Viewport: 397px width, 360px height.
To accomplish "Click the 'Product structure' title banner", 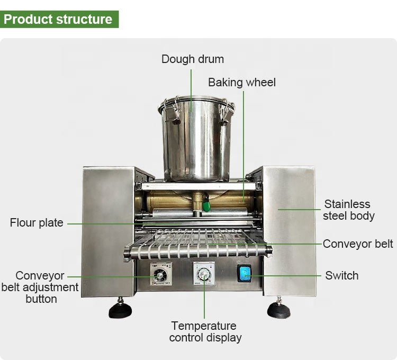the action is [x=59, y=19].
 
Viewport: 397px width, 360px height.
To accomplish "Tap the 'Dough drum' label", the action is [x=193, y=59].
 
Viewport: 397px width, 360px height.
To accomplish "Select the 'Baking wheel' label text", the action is [x=242, y=83].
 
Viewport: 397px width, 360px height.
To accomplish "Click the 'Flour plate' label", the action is [x=37, y=223].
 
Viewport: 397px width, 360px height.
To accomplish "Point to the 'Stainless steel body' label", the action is [x=349, y=210].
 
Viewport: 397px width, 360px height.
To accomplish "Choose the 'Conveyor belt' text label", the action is [x=358, y=244].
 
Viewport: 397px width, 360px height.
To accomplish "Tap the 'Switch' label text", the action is [x=342, y=276].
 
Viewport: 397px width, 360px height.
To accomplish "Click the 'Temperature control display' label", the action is [x=205, y=331].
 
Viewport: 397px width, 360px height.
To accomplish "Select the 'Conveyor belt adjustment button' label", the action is [x=40, y=287].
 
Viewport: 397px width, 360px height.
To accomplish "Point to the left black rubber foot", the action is [x=120, y=309].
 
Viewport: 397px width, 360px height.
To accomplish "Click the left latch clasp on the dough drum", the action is [x=173, y=111].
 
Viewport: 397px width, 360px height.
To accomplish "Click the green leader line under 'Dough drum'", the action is [x=191, y=91].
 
